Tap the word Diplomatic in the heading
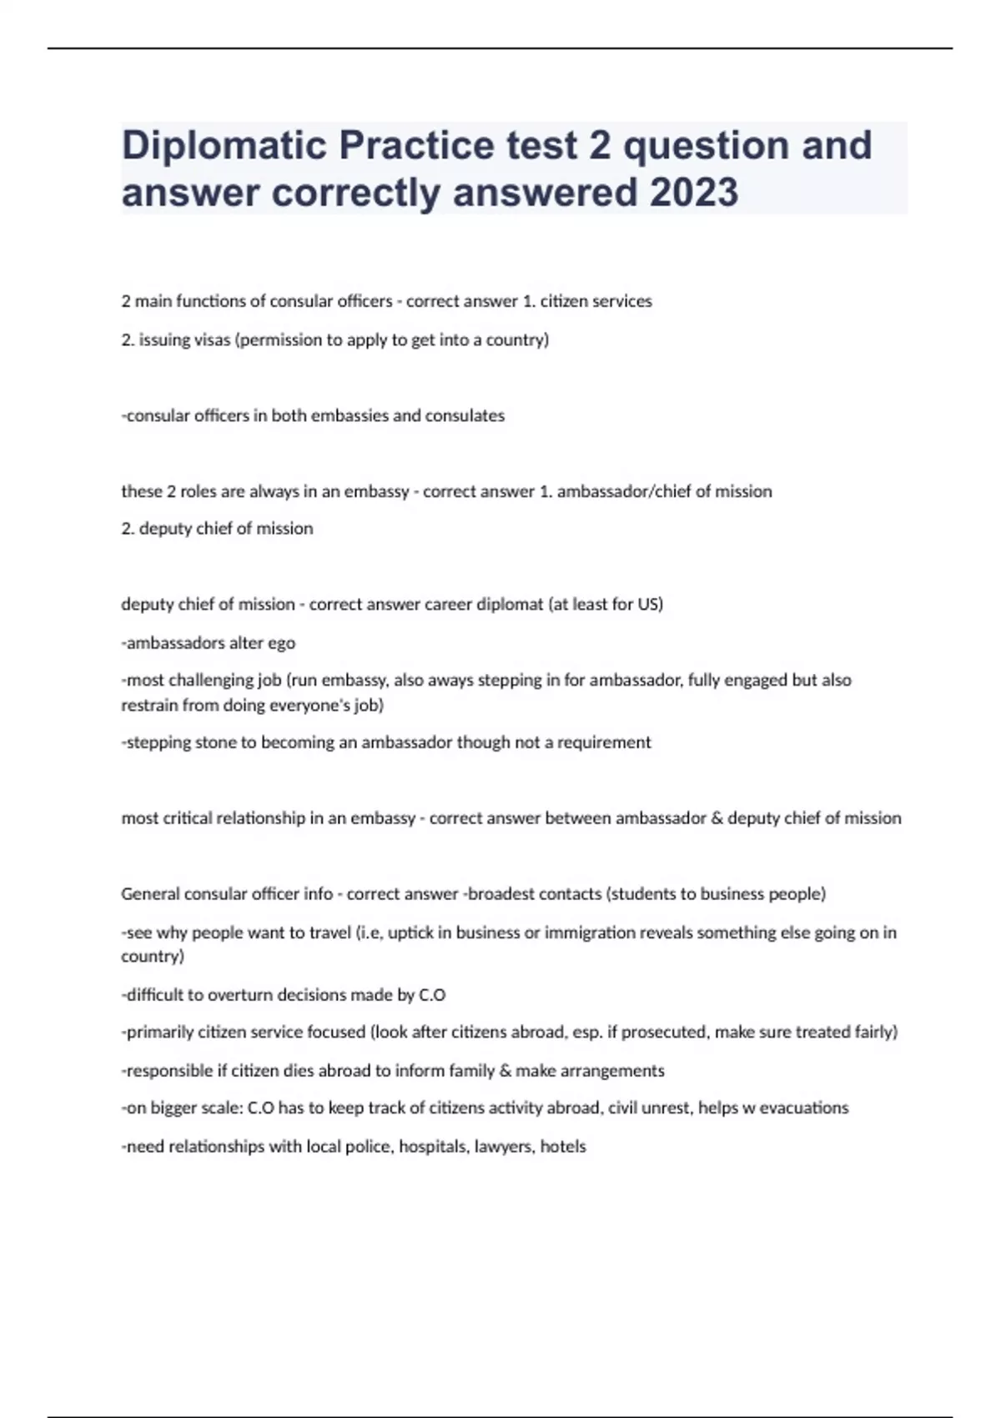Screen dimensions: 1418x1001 224,145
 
